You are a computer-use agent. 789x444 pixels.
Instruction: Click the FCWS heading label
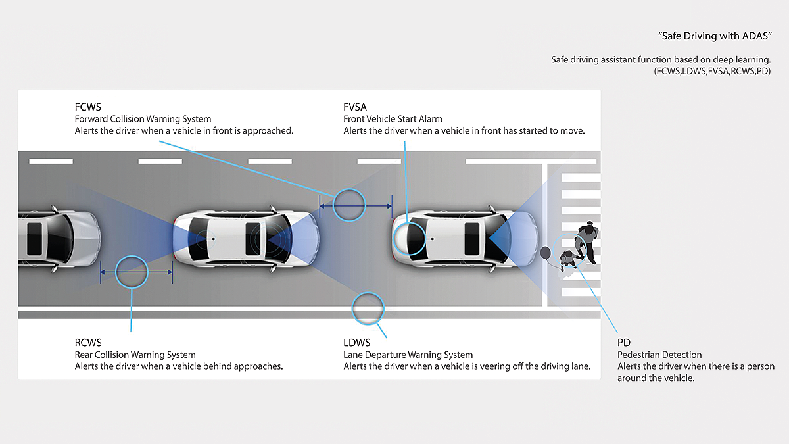[87, 107]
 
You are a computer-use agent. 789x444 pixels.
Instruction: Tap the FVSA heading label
[355, 107]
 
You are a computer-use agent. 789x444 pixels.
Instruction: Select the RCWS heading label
[88, 343]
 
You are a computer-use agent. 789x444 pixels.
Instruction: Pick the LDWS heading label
[357, 343]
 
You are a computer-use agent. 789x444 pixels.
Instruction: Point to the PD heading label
[624, 343]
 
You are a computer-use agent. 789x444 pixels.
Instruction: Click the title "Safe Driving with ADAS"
[715, 36]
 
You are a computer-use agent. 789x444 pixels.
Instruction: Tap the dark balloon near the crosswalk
[545, 253]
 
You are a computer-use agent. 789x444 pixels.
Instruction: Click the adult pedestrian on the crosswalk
[586, 241]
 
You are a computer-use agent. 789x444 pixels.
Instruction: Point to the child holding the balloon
[567, 259]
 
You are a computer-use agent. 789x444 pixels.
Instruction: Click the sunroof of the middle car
[252, 239]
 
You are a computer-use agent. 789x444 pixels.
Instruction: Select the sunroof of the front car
[472, 239]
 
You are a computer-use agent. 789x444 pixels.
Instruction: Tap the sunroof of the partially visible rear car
[34, 239]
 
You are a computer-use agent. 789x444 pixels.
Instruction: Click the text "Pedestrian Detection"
[659, 355]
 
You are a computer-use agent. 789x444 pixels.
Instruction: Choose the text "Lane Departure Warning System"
[408, 355]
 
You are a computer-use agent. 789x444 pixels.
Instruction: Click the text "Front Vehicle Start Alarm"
[393, 119]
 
